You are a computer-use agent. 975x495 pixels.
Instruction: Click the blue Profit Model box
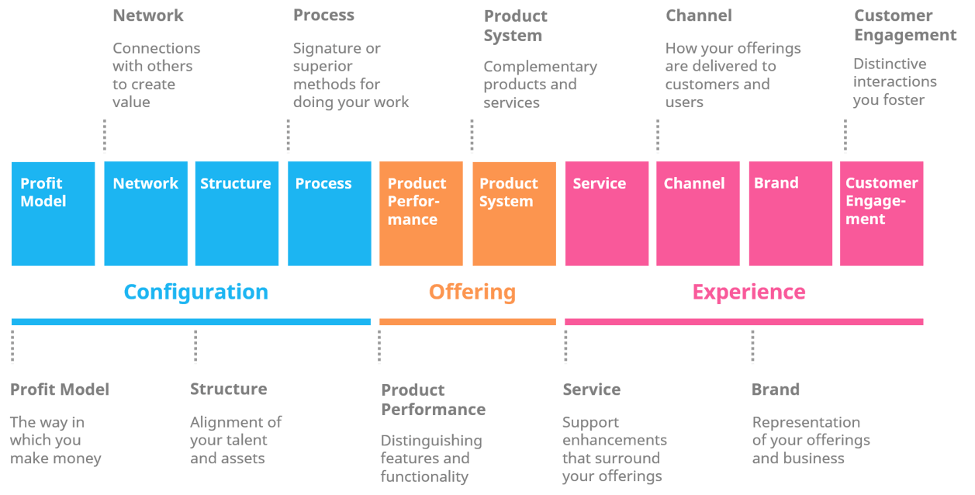coord(53,213)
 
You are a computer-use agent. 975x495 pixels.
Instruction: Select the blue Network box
coord(146,213)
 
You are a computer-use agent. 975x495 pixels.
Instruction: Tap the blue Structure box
coord(237,213)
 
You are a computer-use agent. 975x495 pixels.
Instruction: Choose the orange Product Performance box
coord(420,213)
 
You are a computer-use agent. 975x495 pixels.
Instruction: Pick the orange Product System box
coord(513,213)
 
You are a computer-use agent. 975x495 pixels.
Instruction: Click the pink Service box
coord(607,213)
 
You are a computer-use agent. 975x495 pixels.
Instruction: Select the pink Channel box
coord(697,213)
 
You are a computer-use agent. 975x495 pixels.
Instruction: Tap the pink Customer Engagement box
coord(882,213)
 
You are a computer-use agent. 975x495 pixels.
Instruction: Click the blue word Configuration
coord(195,292)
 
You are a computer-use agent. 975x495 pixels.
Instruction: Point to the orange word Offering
coord(472,292)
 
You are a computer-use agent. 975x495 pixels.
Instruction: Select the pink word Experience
coord(749,292)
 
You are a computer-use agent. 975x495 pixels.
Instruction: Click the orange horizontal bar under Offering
coord(467,321)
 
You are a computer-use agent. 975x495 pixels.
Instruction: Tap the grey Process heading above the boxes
coord(323,16)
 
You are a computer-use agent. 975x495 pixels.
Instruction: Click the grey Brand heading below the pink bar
coord(775,389)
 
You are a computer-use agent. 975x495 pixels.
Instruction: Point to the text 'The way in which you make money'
coord(55,440)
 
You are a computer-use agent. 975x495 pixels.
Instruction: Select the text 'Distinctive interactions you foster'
coord(894,81)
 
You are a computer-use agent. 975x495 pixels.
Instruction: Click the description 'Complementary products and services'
coord(540,85)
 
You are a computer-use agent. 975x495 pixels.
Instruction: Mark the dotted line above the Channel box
coord(658,136)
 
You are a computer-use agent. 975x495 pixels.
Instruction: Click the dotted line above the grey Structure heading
coord(195,347)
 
